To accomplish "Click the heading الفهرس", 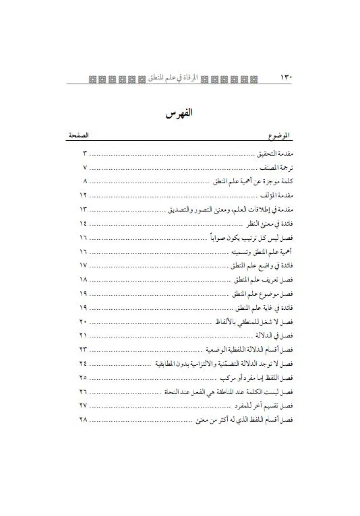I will (180, 113).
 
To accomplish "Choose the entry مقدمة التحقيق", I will (273, 154).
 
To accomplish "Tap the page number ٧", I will (85, 168).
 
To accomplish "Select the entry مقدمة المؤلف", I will (275, 195).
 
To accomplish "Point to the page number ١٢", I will (84, 195).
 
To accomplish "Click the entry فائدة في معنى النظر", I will (267, 223).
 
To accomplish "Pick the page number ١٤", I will (84, 223).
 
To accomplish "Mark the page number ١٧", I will (84, 265).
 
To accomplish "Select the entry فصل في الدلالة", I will (273, 335).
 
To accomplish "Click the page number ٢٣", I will (84, 349).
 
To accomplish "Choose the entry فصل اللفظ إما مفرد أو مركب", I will (259, 377).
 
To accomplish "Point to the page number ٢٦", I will (84, 391).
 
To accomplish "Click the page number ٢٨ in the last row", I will (84, 420).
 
